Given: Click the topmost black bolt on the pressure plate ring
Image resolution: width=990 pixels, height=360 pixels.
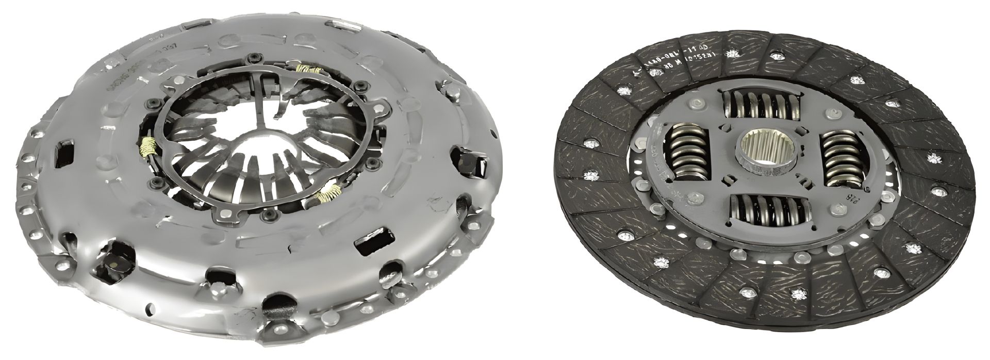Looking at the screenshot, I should click(x=254, y=57).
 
